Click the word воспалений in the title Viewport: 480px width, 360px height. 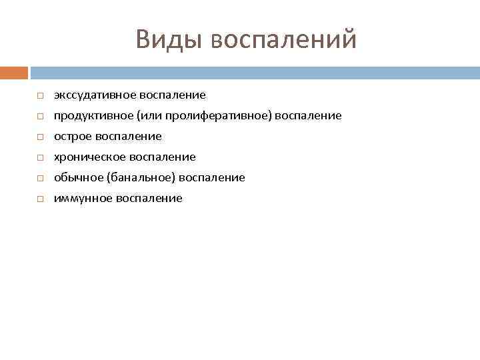[283, 39]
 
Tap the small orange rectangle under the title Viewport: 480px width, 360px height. [13, 73]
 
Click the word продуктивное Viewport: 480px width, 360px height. [93, 116]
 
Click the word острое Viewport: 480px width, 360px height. [73, 137]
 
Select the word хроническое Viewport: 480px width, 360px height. [85, 157]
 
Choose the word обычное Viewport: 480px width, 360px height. [77, 178]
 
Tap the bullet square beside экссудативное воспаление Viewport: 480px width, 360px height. [40, 96]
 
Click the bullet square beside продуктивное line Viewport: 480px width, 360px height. [40, 117]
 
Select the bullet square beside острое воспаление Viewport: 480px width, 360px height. [40, 137]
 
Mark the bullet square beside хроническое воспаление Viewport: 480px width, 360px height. [40, 158]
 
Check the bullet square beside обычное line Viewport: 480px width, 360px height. [40, 179]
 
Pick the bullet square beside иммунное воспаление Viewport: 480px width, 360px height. [40, 199]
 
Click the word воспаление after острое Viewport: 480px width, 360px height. [129, 137]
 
